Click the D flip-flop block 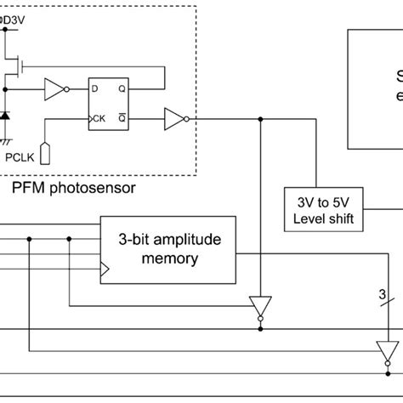(x=108, y=103)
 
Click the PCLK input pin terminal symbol (x=47, y=153)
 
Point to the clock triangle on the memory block (x=105, y=270)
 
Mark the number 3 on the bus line (x=380, y=295)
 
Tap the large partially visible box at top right (x=374, y=85)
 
